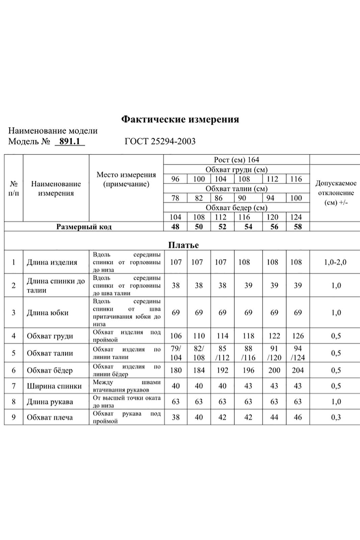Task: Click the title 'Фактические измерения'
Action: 180,119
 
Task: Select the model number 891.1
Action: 70,141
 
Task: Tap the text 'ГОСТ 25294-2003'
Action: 160,141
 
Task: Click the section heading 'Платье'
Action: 183,245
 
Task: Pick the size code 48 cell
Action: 175,227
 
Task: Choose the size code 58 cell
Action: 298,227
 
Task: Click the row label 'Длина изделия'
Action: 52,262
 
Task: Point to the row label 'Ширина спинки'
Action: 54,386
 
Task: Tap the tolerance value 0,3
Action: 336,417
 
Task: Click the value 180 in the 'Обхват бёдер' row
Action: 176,371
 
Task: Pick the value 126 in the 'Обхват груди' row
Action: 298,336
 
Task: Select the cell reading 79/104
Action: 176,353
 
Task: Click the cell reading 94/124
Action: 298,353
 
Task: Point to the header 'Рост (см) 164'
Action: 236,160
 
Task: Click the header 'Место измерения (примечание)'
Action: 126,179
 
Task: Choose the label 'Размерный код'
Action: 84,227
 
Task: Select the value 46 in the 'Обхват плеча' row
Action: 298,417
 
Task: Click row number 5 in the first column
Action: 14,353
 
